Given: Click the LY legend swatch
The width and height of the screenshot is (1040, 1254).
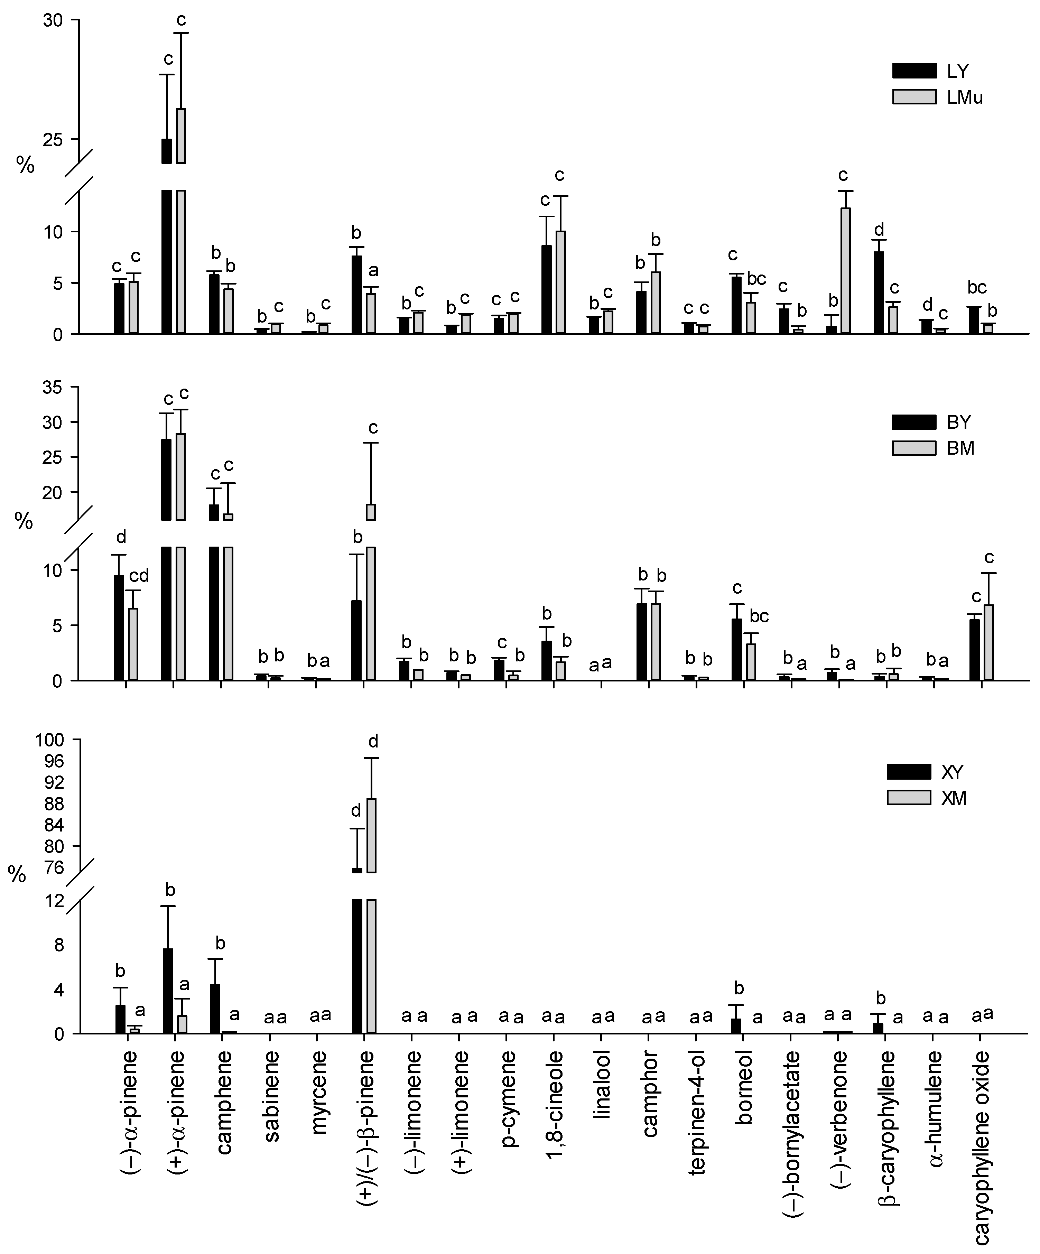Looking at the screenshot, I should click(914, 71).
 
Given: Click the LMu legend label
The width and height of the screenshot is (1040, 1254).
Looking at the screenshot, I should click(964, 97).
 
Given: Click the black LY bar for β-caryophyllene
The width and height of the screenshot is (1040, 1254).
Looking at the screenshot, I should click(879, 292).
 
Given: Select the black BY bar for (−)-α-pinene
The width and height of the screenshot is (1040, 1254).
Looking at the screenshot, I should click(119, 628).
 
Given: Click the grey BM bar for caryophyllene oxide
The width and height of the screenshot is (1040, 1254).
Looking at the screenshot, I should click(988, 642).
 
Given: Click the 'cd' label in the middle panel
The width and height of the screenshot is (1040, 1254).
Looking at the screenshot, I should click(139, 576).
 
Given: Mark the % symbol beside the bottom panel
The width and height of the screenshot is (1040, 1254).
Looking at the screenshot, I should click(17, 875).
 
